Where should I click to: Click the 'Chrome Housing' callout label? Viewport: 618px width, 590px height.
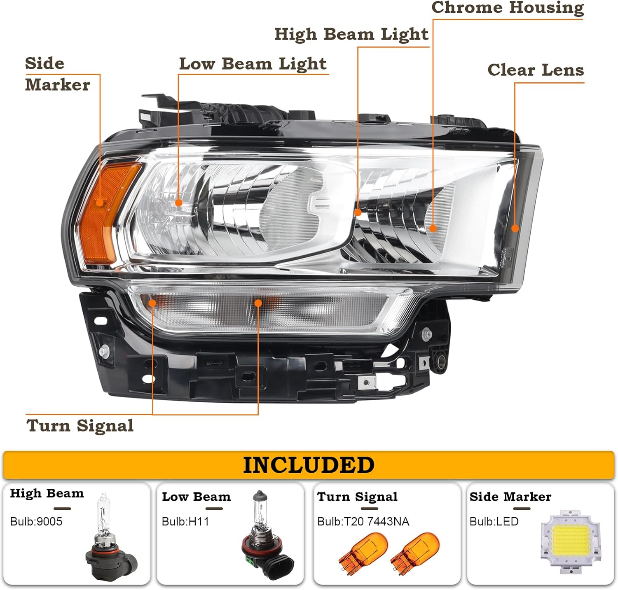pyautogui.click(x=508, y=8)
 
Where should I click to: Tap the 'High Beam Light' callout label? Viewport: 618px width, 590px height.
pyautogui.click(x=351, y=35)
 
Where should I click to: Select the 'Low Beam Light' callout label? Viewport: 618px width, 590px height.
pyautogui.click(x=253, y=64)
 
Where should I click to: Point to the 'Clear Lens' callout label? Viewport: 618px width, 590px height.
pyautogui.click(x=536, y=70)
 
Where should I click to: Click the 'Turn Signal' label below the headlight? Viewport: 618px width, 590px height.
pyautogui.click(x=80, y=426)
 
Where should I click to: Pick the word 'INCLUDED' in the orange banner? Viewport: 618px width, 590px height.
pyautogui.click(x=309, y=465)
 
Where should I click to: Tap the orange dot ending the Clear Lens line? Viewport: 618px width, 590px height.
pyautogui.click(x=515, y=229)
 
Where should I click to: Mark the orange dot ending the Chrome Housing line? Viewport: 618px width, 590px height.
pyautogui.click(x=433, y=228)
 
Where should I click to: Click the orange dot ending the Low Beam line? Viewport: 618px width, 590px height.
pyautogui.click(x=178, y=203)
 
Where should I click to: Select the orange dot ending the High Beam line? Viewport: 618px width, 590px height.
pyautogui.click(x=358, y=212)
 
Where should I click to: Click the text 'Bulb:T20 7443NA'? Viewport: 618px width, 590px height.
pyautogui.click(x=363, y=522)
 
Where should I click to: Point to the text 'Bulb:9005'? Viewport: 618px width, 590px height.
pyautogui.click(x=36, y=522)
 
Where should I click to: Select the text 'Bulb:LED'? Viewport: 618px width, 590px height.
pyautogui.click(x=494, y=522)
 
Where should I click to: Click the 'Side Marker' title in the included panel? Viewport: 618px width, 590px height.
pyautogui.click(x=510, y=497)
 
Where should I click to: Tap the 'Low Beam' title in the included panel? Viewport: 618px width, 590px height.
pyautogui.click(x=196, y=497)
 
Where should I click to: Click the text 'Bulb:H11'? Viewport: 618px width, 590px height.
pyautogui.click(x=185, y=522)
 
